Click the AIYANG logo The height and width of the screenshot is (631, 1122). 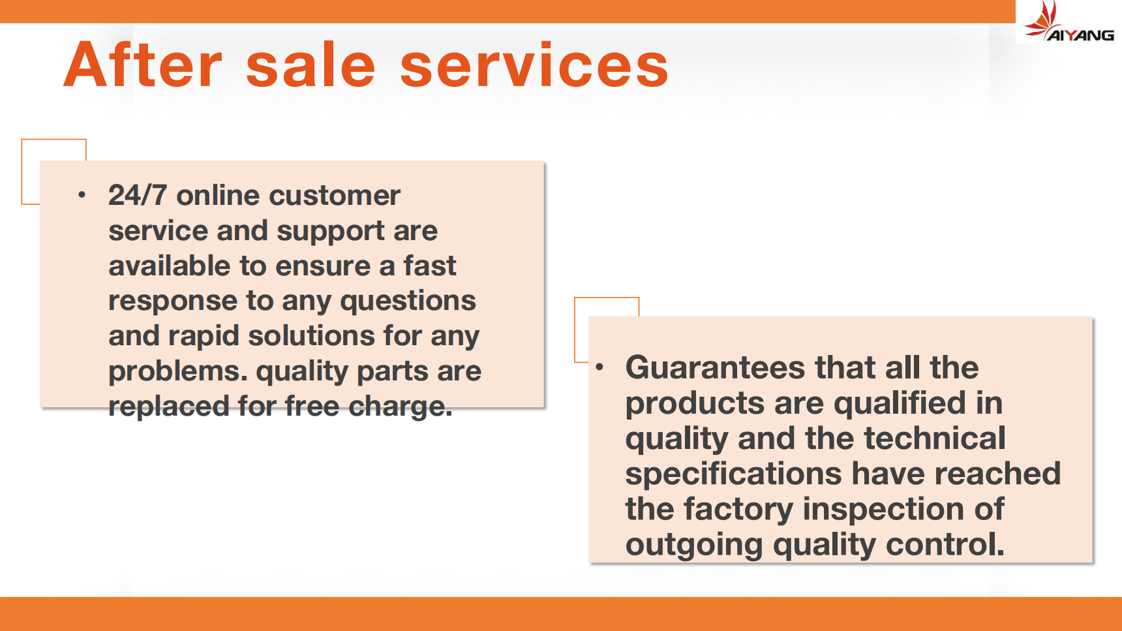tap(1069, 22)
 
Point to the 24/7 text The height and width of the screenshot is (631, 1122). tap(138, 195)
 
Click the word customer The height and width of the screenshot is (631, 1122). tap(335, 195)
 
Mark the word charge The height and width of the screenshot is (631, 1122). tap(400, 407)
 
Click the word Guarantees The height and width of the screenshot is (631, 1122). tap(715, 367)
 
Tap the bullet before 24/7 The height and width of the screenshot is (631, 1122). tap(82, 194)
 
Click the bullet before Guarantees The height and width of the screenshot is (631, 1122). tap(599, 367)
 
